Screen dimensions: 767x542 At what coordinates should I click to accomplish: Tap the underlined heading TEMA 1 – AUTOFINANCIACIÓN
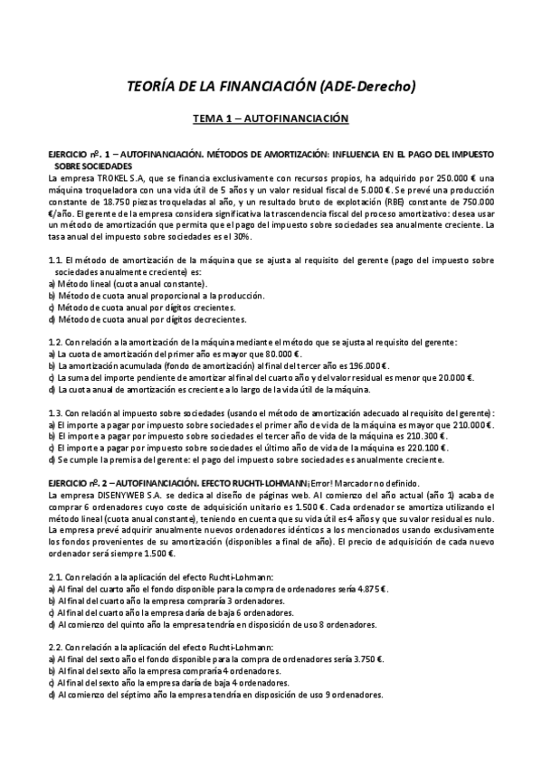tap(271, 118)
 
